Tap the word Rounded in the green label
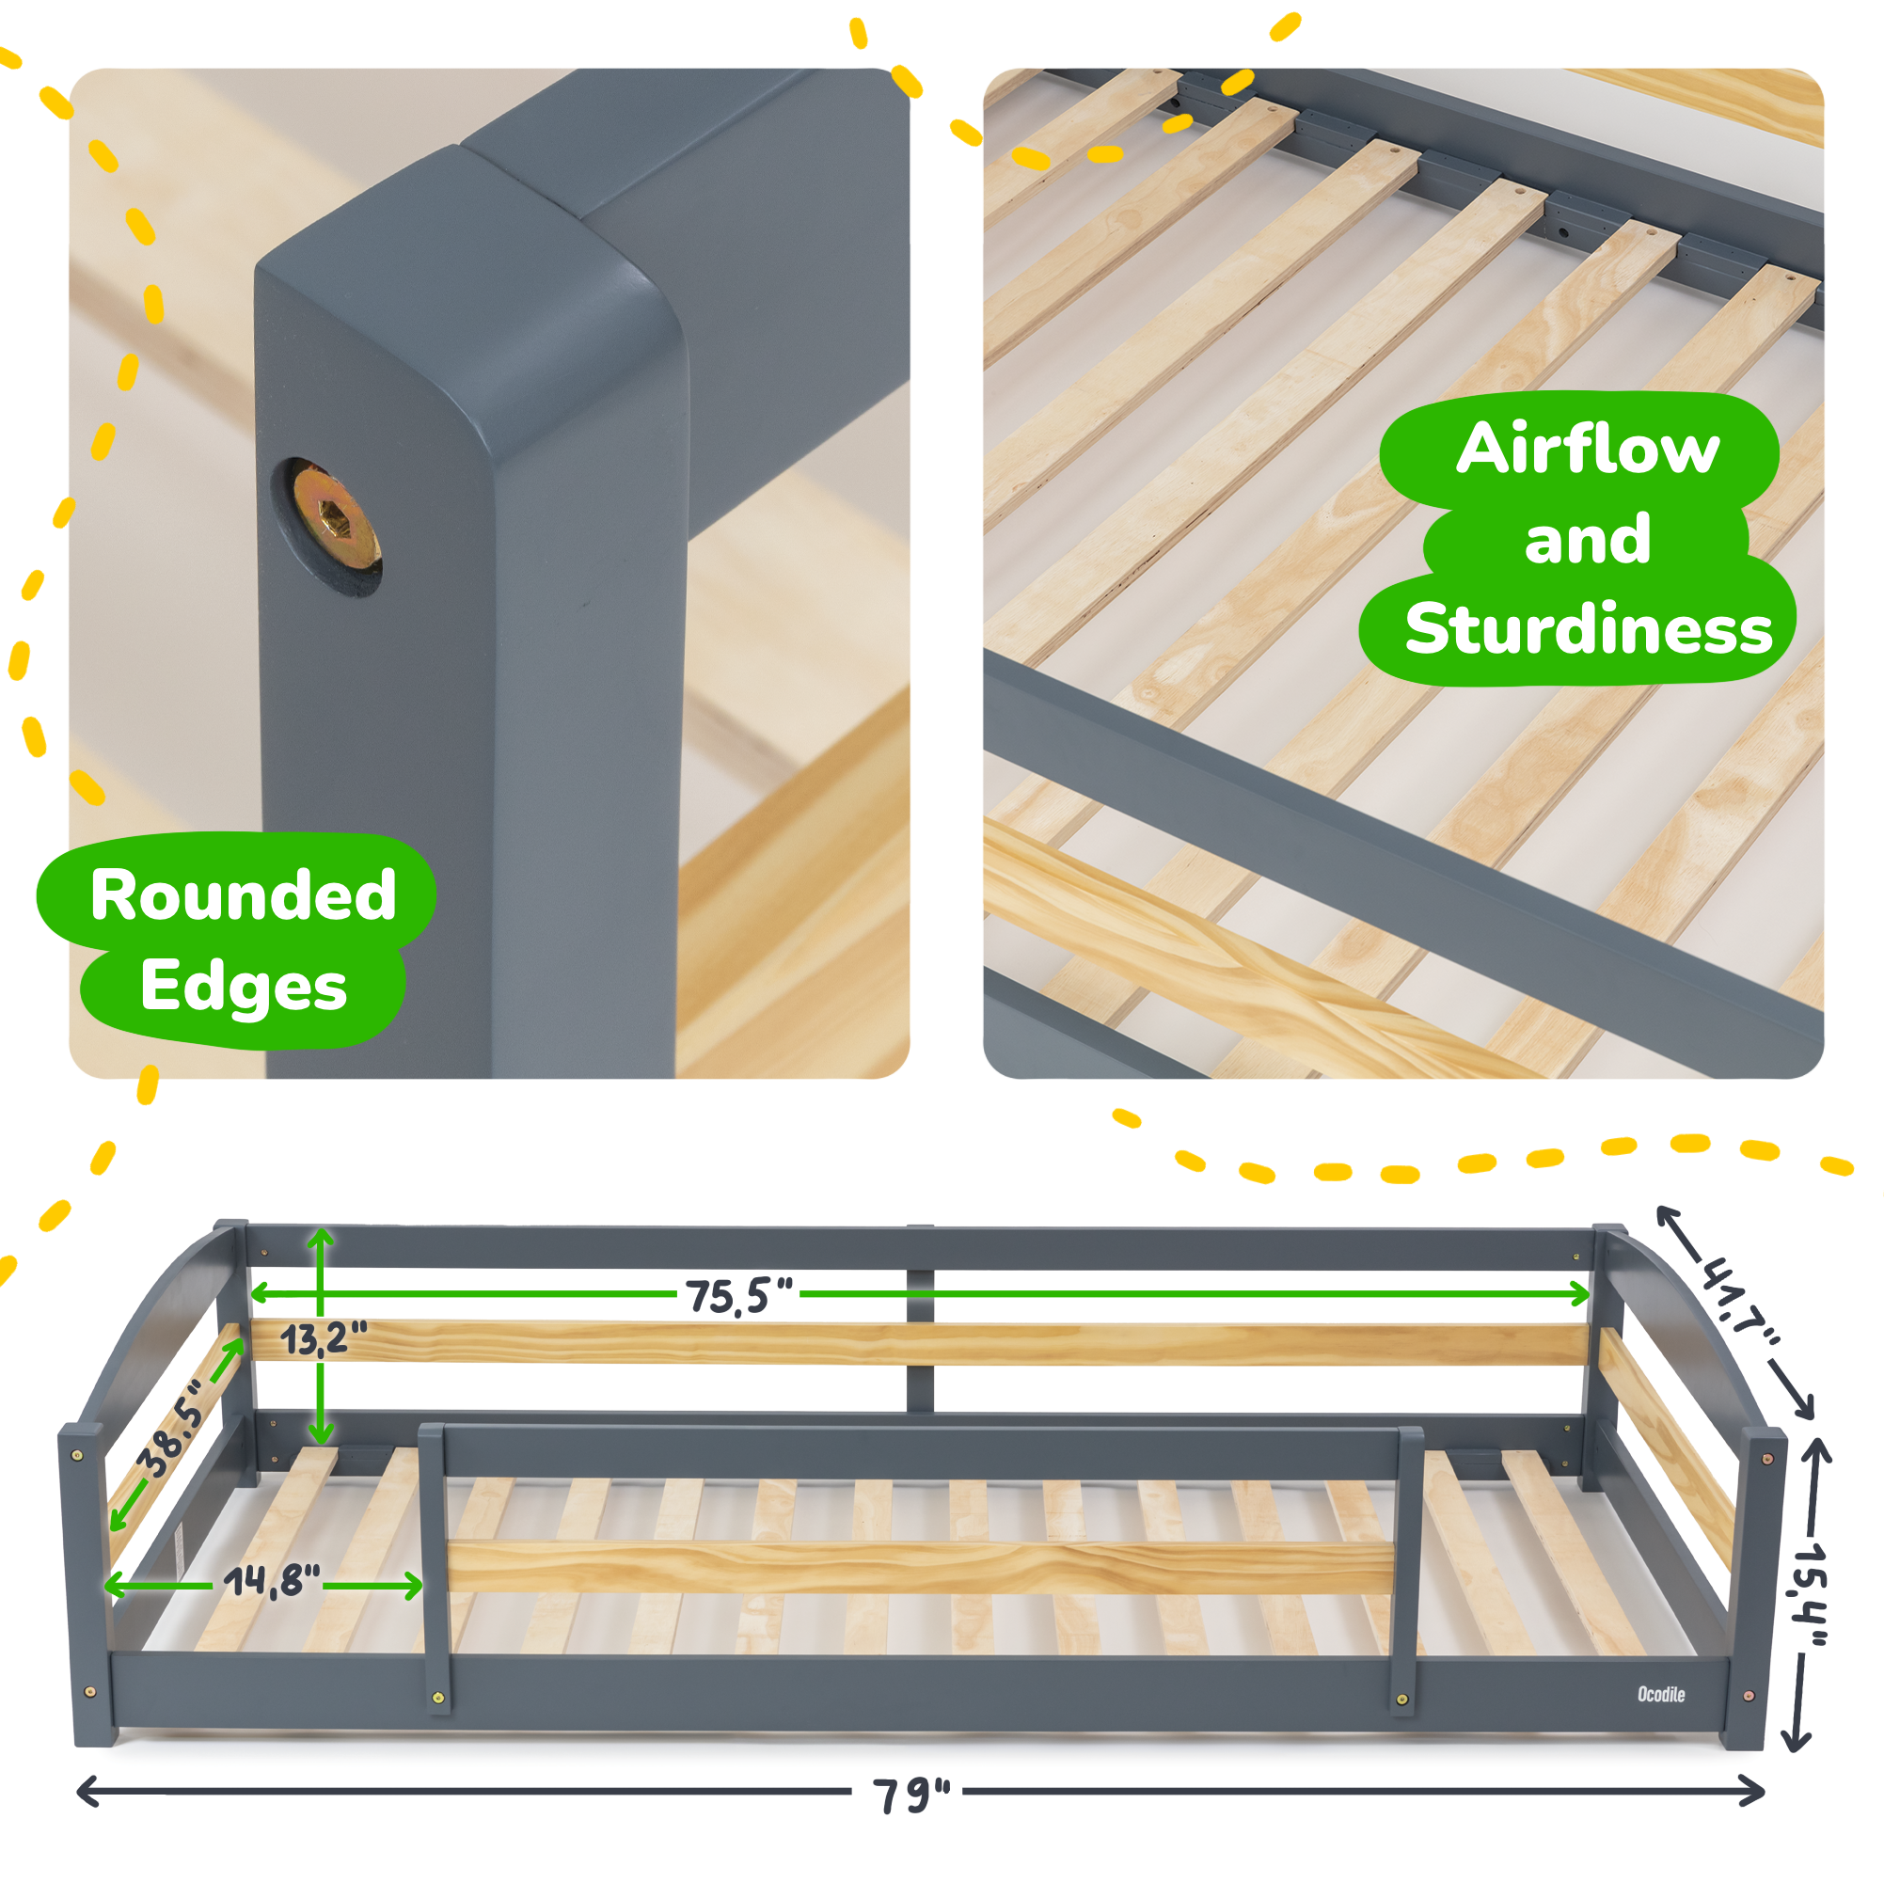click(243, 895)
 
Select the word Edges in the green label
click(243, 986)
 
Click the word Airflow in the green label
click(1587, 449)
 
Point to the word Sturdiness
click(1588, 629)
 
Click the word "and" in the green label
click(1587, 539)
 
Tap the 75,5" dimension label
click(738, 1296)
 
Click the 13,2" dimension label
click(324, 1339)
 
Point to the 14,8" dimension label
click(271, 1582)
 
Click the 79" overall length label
click(910, 1795)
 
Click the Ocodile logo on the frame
click(1661, 1695)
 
